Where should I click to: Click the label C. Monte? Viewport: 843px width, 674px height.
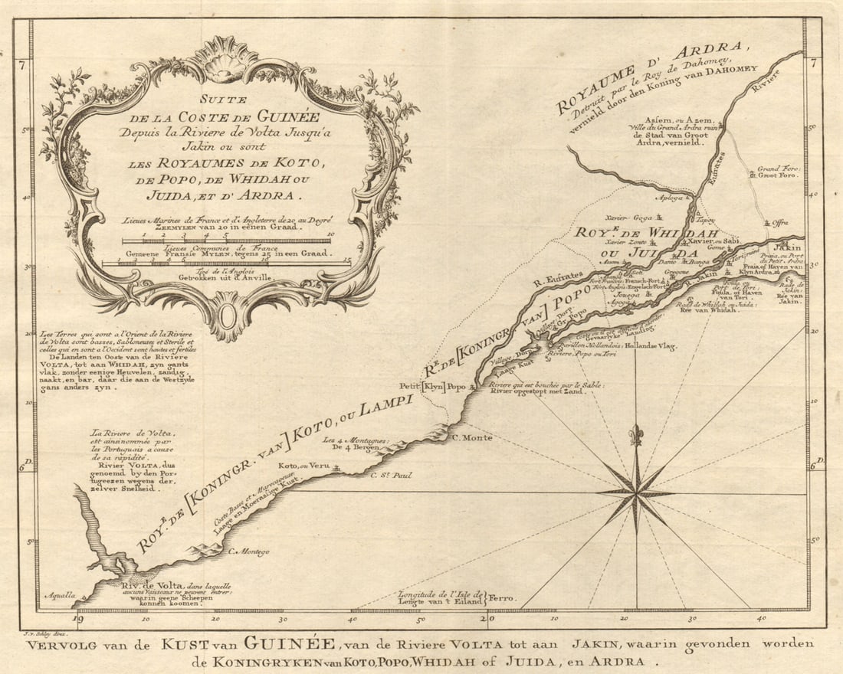point(472,437)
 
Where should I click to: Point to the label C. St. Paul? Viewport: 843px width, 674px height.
point(392,476)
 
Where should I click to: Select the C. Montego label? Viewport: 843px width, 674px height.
point(249,551)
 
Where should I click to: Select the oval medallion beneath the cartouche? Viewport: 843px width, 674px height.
point(227,317)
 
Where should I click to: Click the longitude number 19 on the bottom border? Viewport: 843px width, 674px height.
point(77,619)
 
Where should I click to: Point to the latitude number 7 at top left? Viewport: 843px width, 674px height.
point(25,65)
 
